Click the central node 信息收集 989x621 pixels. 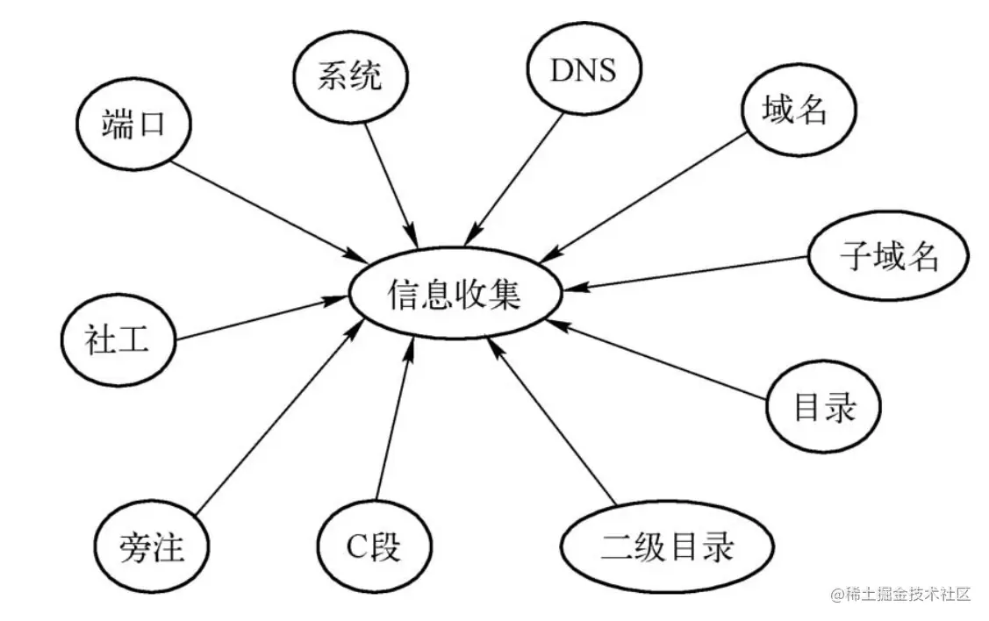(455, 296)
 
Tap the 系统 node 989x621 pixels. (349, 76)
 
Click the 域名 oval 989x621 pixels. (797, 112)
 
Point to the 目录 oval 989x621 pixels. (823, 407)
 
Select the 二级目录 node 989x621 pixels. (667, 549)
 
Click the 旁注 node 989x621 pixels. (152, 549)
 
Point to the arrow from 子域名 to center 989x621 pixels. (693, 272)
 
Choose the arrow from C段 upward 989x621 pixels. (393, 421)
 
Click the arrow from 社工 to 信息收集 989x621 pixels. (254, 319)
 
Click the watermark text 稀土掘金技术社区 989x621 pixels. (902, 594)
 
